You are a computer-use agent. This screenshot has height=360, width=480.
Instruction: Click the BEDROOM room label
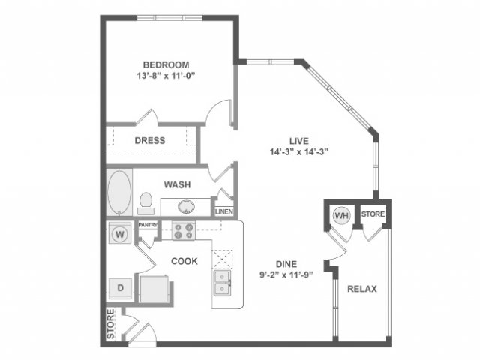[x=166, y=65]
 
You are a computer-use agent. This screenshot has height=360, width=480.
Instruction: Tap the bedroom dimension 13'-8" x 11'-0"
[x=166, y=76]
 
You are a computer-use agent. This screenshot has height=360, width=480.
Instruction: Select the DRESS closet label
[x=150, y=140]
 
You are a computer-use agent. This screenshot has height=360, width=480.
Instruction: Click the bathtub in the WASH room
[x=119, y=192]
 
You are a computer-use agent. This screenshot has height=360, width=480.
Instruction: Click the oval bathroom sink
[x=186, y=207]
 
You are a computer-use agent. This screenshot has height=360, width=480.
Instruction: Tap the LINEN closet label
[x=224, y=211]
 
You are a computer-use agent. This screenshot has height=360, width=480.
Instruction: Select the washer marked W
[x=120, y=234]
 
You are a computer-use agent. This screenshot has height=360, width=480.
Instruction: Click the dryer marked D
[x=121, y=288]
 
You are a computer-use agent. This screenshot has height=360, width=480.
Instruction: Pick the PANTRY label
[x=148, y=225]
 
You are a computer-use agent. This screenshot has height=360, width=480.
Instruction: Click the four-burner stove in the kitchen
[x=184, y=231]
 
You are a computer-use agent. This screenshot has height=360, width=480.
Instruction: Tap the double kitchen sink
[x=222, y=283]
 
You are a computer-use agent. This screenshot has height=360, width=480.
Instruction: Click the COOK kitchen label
[x=184, y=261]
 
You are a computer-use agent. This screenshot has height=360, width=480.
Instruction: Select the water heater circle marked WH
[x=342, y=216]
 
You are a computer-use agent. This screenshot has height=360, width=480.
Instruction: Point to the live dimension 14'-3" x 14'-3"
[x=299, y=151]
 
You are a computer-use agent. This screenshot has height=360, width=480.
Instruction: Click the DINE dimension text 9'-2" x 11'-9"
[x=286, y=274]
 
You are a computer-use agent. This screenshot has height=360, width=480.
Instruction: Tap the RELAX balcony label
[x=362, y=289]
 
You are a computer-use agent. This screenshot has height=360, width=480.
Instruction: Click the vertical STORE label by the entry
[x=110, y=323]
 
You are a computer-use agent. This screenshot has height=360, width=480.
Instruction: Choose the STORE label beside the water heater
[x=373, y=214]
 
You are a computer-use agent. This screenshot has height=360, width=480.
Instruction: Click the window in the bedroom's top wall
[x=170, y=18]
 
